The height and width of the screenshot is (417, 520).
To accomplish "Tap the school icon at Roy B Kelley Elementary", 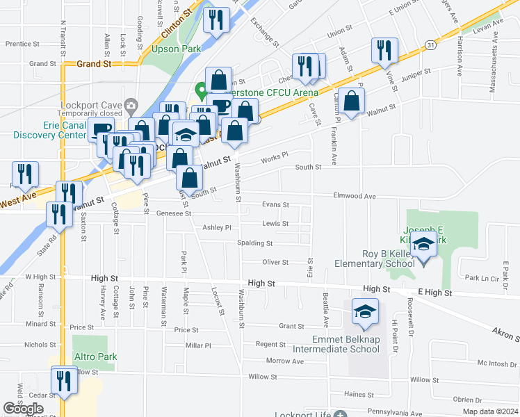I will click(x=423, y=245).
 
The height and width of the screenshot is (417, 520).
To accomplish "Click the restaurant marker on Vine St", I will click(x=384, y=50).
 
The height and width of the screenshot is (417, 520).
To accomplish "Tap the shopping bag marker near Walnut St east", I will click(x=352, y=101).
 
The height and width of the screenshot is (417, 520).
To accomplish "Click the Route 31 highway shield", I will click(x=432, y=44).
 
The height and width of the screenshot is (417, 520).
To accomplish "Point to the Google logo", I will click(x=24, y=408).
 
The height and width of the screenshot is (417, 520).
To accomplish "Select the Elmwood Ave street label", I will click(x=355, y=197).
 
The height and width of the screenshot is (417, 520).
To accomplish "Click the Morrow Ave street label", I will click(x=284, y=361).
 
